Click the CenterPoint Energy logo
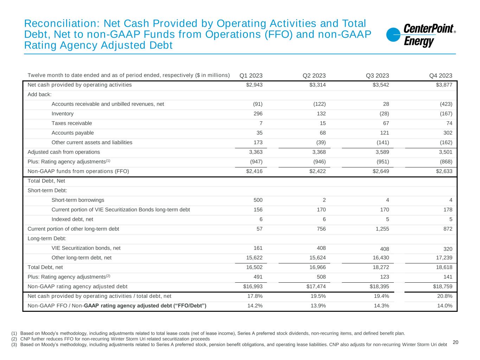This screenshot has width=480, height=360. [x=421, y=35]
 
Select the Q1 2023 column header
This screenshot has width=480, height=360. [x=251, y=76]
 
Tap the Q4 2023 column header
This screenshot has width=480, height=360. [x=441, y=76]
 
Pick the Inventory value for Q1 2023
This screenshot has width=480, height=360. [x=258, y=114]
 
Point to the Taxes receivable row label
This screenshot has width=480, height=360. [x=72, y=123]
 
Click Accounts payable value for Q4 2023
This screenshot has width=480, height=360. [x=448, y=133]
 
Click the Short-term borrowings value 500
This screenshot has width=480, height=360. [x=258, y=200]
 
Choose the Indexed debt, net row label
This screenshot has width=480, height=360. [x=72, y=219]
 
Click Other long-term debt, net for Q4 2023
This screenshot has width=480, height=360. [x=444, y=258]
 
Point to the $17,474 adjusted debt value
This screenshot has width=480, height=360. [x=316, y=287]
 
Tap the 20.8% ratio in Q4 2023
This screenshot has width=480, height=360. [x=444, y=296]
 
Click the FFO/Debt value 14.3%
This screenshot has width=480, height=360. [x=381, y=306]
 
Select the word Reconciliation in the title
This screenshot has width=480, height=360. [x=58, y=24]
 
